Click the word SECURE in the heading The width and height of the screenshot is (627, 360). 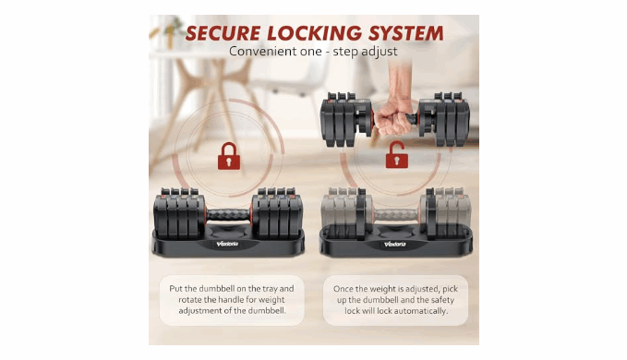[223, 33]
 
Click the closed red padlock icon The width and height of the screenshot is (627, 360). [229, 156]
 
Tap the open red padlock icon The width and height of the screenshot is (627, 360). [396, 155]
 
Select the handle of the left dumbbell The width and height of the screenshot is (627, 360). [228, 214]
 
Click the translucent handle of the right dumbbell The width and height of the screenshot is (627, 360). [396, 215]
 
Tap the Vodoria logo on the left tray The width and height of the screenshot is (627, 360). [227, 244]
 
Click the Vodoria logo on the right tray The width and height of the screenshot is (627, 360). [395, 244]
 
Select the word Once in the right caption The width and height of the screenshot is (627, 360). [344, 289]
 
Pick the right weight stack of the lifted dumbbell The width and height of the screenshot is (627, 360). [444, 119]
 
